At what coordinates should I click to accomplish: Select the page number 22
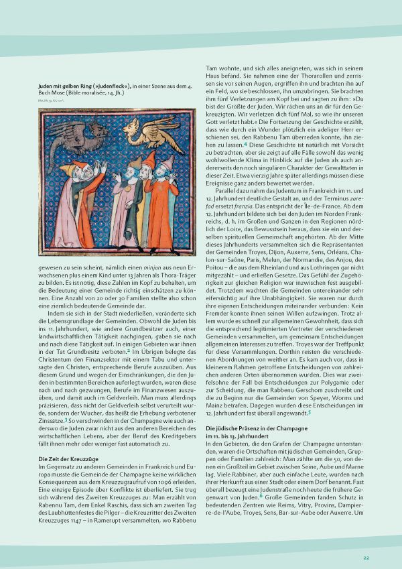click(366, 557)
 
